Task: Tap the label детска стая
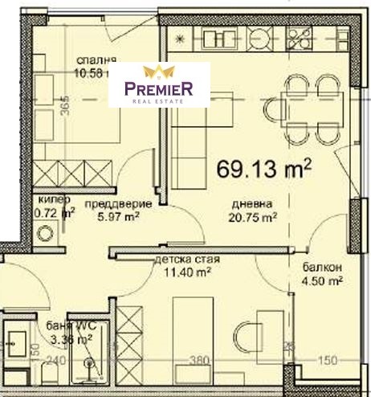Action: coord(186,260)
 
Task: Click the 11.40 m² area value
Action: coord(186,273)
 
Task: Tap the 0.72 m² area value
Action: coord(55,214)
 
